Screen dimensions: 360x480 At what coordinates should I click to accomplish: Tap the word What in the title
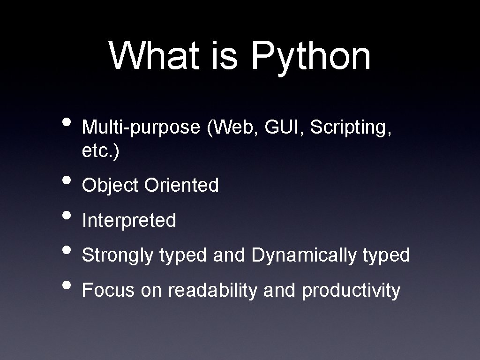154,55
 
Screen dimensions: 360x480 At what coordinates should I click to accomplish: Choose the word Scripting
348,127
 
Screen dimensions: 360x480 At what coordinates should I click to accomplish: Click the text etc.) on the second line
100,151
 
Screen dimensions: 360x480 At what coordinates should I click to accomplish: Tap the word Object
110,186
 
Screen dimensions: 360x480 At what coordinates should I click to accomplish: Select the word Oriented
181,185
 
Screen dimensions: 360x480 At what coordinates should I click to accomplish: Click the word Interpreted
129,220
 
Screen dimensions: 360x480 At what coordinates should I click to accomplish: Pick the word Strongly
117,256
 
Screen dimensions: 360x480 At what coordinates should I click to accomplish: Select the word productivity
351,291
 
